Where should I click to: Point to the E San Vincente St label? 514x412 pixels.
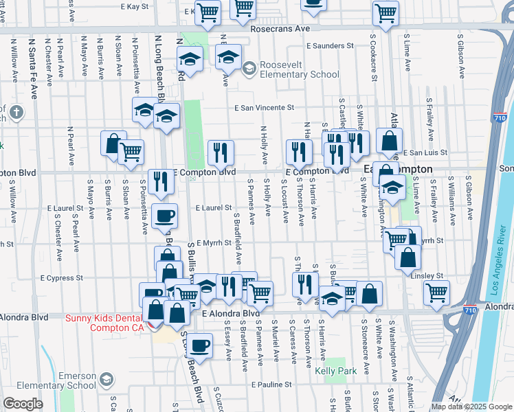coord(264,108)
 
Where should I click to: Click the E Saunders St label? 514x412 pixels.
coord(330,46)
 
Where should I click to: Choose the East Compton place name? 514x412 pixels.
coord(407,169)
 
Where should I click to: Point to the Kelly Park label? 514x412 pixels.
coord(334,371)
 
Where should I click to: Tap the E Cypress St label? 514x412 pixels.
coord(61,278)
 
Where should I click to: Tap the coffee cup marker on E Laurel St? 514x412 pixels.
coord(164,216)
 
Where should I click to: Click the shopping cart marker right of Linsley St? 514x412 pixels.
coord(436,292)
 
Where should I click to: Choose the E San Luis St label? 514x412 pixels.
coord(425,152)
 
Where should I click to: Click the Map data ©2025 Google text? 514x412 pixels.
coord(471,407)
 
